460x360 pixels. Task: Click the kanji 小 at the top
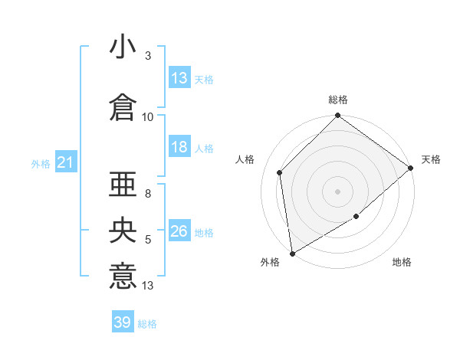[123, 47]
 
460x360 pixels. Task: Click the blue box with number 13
[179, 79]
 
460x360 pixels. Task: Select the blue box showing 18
[179, 148]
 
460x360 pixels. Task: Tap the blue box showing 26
[179, 232]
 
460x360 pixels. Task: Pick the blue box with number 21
[65, 163]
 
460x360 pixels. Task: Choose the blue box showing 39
[123, 322]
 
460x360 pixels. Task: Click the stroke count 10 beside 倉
[148, 116]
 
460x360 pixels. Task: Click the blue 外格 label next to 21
[41, 164]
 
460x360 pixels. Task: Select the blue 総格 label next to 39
[147, 323]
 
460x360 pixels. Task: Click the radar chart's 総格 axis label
[338, 100]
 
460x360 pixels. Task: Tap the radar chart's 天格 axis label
[431, 159]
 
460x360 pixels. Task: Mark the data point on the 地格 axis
[357, 218]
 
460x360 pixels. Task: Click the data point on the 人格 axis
[280, 172]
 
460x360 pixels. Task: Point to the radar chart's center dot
[338, 191]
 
